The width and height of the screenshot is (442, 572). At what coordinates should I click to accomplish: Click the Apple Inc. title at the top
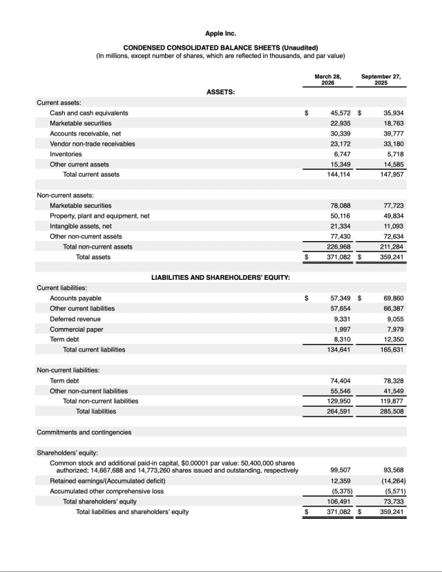coord(220,33)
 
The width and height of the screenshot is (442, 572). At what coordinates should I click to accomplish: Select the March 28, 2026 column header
coord(328,79)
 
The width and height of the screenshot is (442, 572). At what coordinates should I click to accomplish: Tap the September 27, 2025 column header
coord(381,79)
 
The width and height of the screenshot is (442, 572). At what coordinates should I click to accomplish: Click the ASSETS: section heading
coord(220,91)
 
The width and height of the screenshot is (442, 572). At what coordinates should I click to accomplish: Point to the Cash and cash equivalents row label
coord(88,113)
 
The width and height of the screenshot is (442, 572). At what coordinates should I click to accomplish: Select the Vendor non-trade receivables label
coord(92,144)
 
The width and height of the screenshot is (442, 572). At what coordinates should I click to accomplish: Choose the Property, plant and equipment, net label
coord(99,216)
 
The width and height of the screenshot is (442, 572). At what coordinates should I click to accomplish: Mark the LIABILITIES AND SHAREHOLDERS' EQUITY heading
coord(220,277)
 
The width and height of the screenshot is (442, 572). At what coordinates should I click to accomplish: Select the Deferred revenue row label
coord(75,318)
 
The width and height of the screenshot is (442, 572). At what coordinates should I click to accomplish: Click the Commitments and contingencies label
coord(84,432)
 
